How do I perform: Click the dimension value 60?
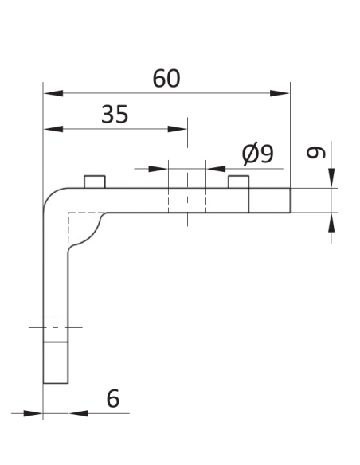click(166, 79)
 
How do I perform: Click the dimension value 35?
click(115, 114)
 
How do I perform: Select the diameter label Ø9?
click(258, 154)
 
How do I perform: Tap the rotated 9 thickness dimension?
click(316, 153)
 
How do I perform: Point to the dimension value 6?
click(113, 399)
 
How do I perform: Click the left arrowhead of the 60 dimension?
click(53, 93)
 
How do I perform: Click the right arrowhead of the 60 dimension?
click(280, 93)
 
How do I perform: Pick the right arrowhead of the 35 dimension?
click(177, 129)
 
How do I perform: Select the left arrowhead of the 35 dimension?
click(53, 129)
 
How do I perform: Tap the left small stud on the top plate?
click(95, 182)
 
